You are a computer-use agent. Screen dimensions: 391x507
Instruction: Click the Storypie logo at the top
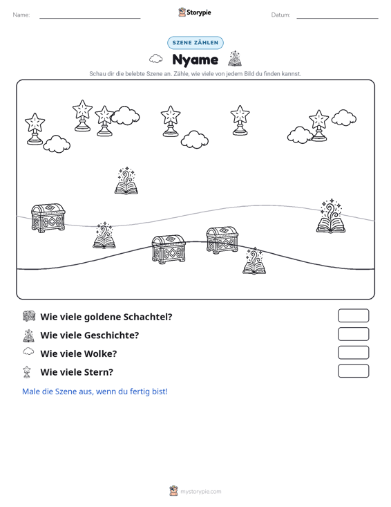(x=195, y=12)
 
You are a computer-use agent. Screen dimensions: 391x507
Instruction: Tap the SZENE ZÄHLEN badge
(x=195, y=43)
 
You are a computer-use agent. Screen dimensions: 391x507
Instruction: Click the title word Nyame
(x=195, y=59)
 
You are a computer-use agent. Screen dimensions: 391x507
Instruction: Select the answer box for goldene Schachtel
(x=354, y=315)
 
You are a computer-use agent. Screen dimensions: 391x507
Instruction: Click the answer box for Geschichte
(x=354, y=334)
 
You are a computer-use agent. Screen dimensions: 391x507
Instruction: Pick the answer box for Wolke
(x=354, y=353)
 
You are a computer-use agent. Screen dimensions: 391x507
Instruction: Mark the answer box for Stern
(x=354, y=371)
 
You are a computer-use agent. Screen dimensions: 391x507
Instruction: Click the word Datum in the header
(x=280, y=15)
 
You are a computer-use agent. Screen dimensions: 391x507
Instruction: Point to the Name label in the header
(x=21, y=15)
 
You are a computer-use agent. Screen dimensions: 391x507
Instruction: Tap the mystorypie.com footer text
(x=201, y=492)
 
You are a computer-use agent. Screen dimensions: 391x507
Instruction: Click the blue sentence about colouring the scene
(x=95, y=391)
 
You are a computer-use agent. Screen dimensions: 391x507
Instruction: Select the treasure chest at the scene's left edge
(x=48, y=218)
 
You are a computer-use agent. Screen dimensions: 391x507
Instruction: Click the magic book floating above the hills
(x=126, y=181)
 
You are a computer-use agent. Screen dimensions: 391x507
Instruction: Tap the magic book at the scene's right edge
(x=331, y=216)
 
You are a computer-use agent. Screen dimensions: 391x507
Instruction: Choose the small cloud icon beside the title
(x=156, y=59)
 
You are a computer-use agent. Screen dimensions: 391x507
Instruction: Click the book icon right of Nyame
(x=235, y=59)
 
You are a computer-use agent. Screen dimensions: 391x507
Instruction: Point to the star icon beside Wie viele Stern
(x=27, y=372)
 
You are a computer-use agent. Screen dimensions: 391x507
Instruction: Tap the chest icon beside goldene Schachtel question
(x=29, y=316)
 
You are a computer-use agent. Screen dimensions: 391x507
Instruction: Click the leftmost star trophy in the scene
(x=35, y=129)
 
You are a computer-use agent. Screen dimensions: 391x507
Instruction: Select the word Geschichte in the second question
(x=112, y=335)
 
